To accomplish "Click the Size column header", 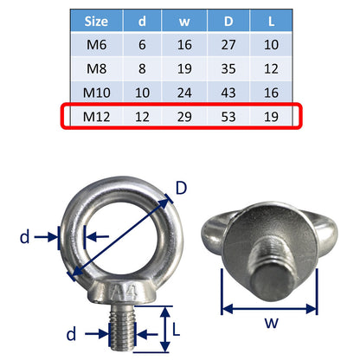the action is pyautogui.click(x=96, y=22).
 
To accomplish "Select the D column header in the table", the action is pyautogui.click(x=228, y=21).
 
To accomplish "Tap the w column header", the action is pyautogui.click(x=184, y=22).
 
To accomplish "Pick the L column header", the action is pyautogui.click(x=271, y=21).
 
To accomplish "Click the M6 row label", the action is pyautogui.click(x=96, y=45).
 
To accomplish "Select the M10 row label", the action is pyautogui.click(x=96, y=93).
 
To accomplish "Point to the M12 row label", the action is pyautogui.click(x=96, y=117).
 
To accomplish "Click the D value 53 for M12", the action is pyautogui.click(x=228, y=117).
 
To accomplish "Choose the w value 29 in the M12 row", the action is pyautogui.click(x=184, y=117).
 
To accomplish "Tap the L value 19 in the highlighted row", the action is pyautogui.click(x=271, y=117).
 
